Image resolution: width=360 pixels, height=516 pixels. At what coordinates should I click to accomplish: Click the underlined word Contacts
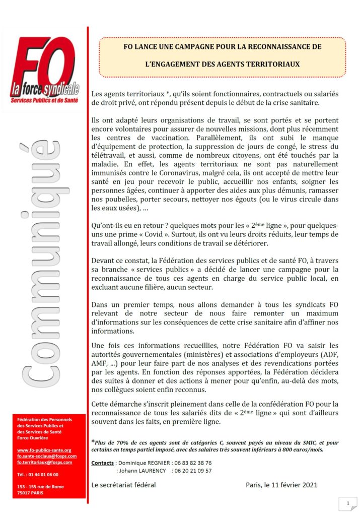click(103, 463)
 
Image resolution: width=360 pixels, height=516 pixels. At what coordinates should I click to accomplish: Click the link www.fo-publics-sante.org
click(44, 450)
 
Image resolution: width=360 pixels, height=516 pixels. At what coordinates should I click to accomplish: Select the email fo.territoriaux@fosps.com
click(44, 462)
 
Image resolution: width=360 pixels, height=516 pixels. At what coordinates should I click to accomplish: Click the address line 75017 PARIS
click(30, 492)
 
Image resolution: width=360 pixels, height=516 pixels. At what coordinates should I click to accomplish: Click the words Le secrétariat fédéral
click(123, 485)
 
